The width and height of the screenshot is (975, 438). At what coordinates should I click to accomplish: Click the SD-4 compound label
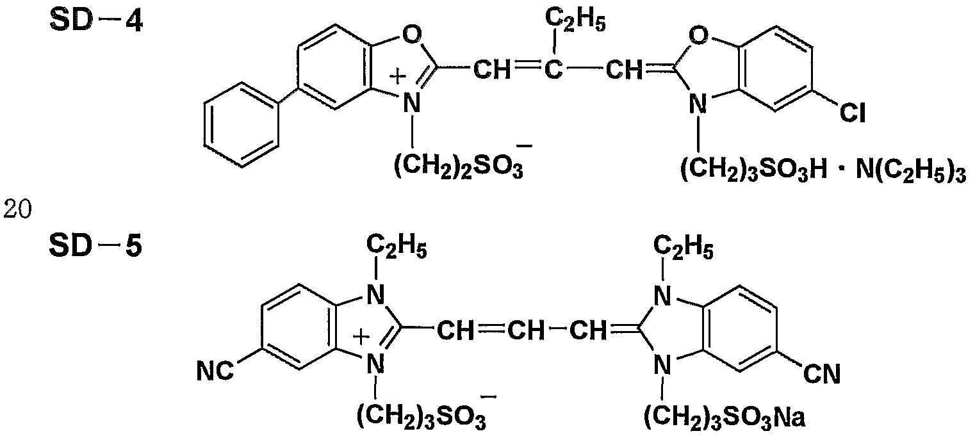click(x=95, y=20)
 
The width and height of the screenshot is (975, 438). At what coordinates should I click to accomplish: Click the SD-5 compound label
click(x=95, y=245)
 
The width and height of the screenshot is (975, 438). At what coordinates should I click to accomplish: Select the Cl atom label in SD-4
click(x=852, y=113)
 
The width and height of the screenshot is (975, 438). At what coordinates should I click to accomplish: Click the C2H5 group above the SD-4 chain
click(x=575, y=20)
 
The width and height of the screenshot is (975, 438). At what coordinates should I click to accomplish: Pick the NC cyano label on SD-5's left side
click(x=215, y=371)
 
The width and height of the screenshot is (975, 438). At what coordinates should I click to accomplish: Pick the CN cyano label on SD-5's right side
click(x=822, y=374)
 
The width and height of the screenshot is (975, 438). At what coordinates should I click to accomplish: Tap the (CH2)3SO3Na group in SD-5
click(x=725, y=417)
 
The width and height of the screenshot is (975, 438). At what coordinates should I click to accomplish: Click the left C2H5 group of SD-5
click(x=396, y=247)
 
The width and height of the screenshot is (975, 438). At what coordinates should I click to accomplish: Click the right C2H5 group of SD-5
click(x=684, y=247)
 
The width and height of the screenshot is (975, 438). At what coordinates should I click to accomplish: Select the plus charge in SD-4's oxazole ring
click(x=397, y=77)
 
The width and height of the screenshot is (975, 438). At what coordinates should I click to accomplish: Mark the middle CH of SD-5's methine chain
click(x=526, y=331)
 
